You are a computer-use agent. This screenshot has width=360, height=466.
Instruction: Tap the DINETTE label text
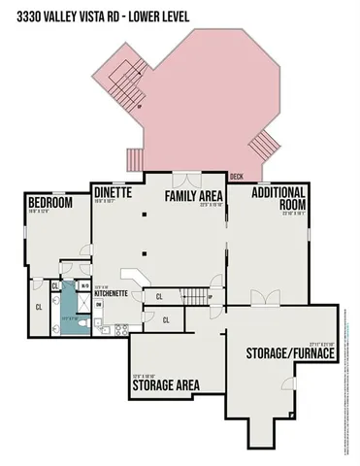[x=113, y=193]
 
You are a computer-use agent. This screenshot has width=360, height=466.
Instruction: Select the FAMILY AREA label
[x=194, y=196]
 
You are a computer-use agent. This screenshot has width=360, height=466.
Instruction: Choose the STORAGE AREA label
[x=165, y=384]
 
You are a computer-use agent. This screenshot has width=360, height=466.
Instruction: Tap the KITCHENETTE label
[x=112, y=292]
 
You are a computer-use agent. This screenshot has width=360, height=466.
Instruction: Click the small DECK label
[x=236, y=177]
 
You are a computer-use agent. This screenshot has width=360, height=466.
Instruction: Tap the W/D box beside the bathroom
[x=83, y=286]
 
